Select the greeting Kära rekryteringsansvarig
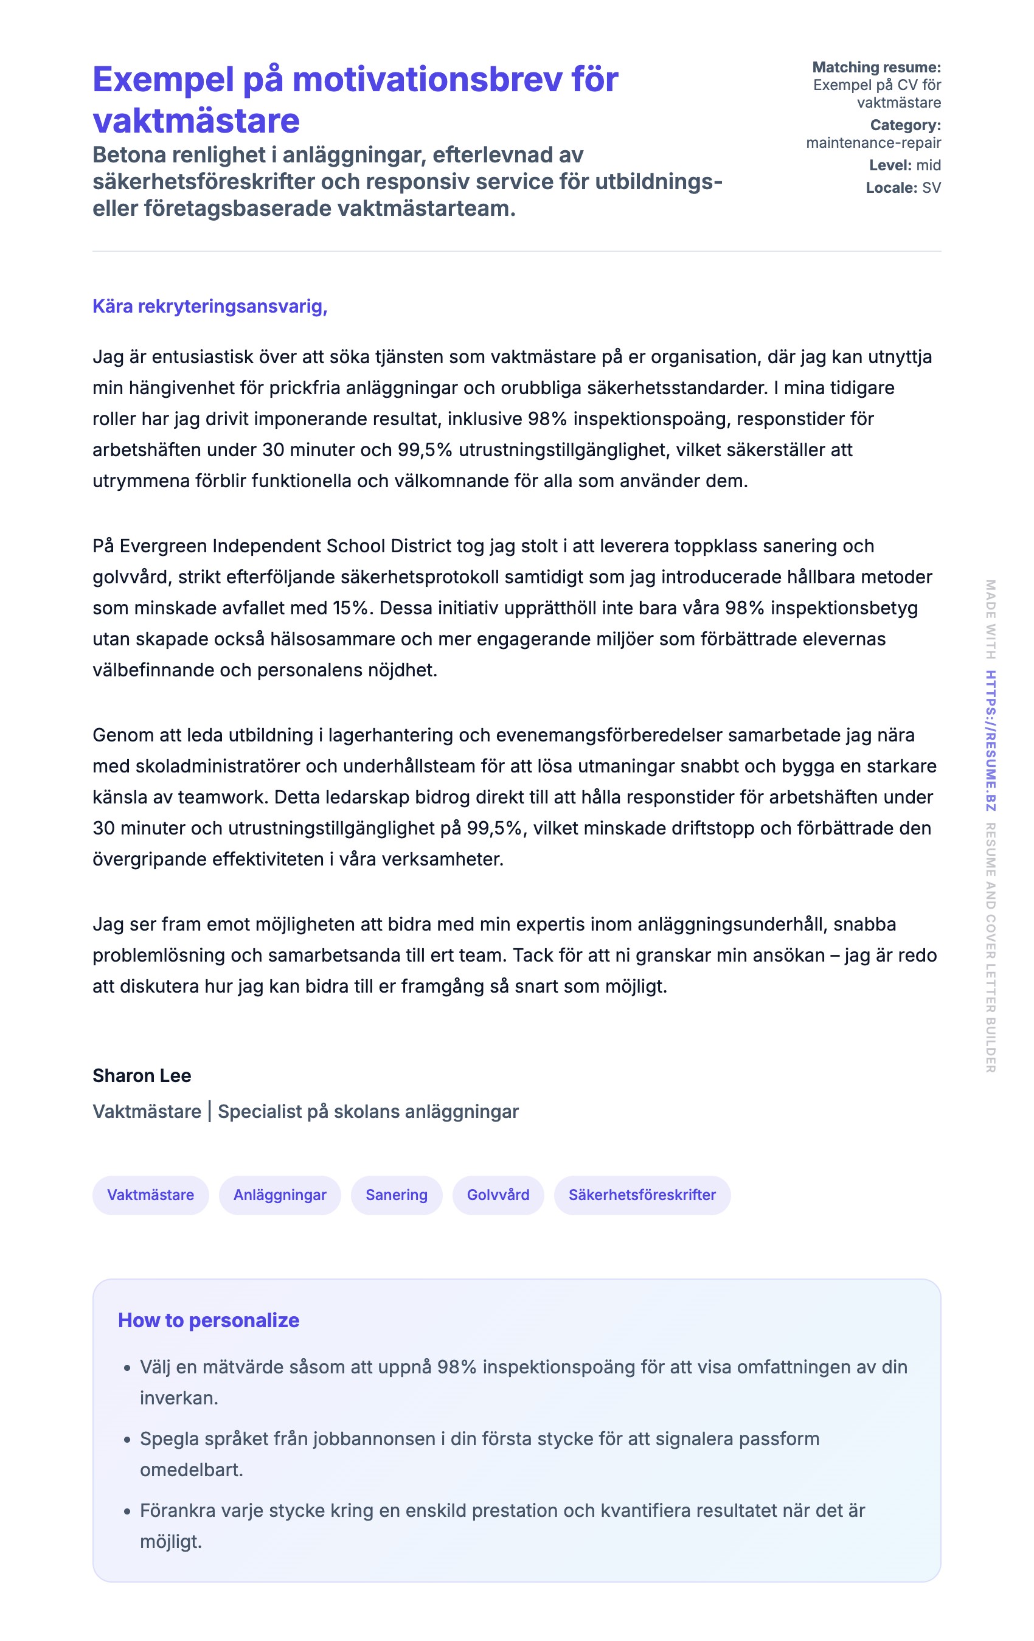[x=209, y=307]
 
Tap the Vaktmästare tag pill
[x=150, y=1195]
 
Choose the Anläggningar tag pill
[x=279, y=1195]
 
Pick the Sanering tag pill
[x=396, y=1195]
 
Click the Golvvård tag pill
[x=498, y=1195]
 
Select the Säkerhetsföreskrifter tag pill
[x=642, y=1195]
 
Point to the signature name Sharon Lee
[x=142, y=1075]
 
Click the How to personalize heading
[x=209, y=1320]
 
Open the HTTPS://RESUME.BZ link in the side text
[x=990, y=741]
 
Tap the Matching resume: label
[x=876, y=68]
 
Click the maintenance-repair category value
[x=873, y=143]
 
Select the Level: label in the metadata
[x=890, y=165]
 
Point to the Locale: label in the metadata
[x=892, y=188]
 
